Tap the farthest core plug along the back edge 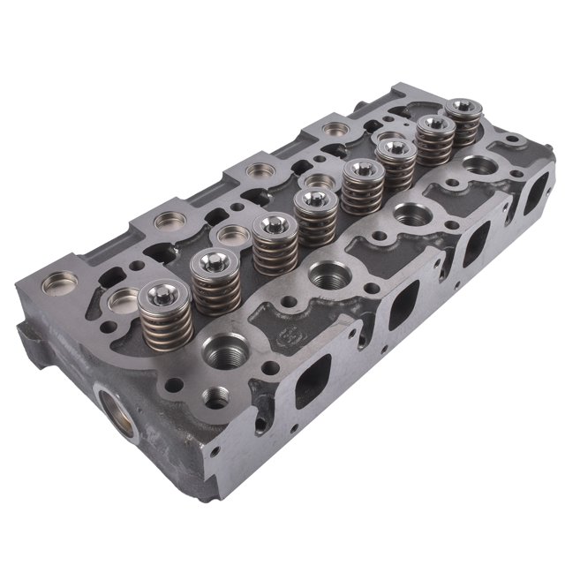335,131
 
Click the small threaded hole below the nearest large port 212,396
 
